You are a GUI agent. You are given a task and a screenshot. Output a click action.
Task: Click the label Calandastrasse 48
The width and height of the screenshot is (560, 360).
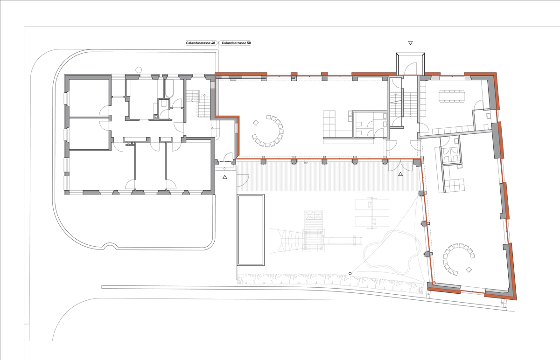click(x=201, y=43)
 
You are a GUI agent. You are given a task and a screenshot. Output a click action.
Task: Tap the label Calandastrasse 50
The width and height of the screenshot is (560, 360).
click(x=236, y=43)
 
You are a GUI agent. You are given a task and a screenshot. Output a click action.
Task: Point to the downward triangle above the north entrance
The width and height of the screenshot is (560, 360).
click(x=410, y=43)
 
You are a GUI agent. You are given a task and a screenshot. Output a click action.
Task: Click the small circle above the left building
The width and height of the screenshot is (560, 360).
click(x=138, y=70)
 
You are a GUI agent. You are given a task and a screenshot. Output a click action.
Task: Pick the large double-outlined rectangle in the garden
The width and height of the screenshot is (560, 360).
click(x=251, y=230)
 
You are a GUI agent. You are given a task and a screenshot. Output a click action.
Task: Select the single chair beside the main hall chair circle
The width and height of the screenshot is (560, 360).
click(x=256, y=123)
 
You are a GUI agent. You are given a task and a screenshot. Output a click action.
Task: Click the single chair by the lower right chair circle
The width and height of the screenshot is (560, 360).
click(x=469, y=269)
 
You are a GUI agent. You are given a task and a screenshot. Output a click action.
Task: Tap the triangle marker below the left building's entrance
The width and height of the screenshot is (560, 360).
click(x=225, y=177)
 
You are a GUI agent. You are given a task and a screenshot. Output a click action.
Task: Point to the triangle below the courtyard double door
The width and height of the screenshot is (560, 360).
click(x=400, y=174)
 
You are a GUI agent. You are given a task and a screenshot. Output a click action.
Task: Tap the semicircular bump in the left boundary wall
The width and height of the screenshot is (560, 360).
click(x=110, y=247)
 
